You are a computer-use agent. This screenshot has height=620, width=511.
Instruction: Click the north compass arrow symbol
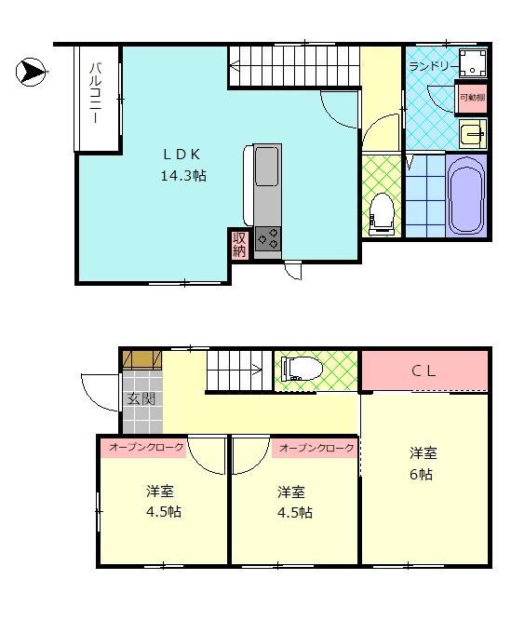pos(30,71)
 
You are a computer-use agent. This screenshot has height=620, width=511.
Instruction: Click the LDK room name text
pos(183,155)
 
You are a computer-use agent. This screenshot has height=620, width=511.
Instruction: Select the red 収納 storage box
pos(239,244)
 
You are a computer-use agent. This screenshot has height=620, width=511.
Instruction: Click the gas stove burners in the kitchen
pos(267,239)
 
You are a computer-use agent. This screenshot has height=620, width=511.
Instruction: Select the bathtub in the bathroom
pos(466,196)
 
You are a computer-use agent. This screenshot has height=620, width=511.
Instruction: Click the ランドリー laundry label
pos(431,66)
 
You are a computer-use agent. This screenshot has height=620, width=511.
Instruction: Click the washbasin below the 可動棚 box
pos(473,134)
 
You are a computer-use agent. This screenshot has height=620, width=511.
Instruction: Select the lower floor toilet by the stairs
pos(300,370)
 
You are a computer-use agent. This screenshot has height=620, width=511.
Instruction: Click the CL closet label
pos(424,371)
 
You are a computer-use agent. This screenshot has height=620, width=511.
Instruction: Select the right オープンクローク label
pos(317,448)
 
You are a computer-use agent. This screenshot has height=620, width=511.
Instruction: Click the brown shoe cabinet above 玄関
pos(140,359)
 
